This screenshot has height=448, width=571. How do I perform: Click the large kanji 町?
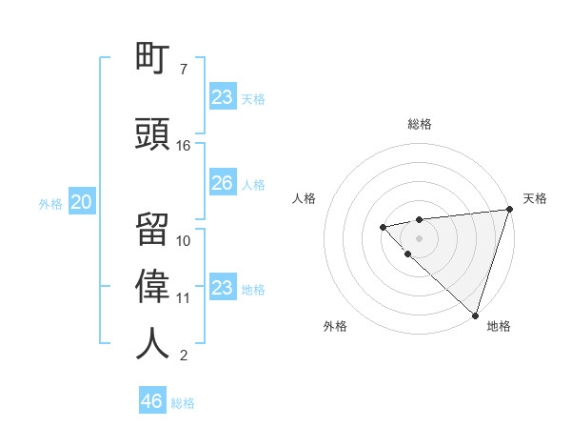pyautogui.click(x=153, y=58)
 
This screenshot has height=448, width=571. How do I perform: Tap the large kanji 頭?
pyautogui.click(x=153, y=132)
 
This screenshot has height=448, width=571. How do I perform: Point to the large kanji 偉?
pyautogui.click(x=153, y=285)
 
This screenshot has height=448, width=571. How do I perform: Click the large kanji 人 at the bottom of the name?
pyautogui.click(x=153, y=343)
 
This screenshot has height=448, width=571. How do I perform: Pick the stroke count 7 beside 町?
pyautogui.click(x=184, y=70)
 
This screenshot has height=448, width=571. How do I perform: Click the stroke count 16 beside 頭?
pyautogui.click(x=184, y=146)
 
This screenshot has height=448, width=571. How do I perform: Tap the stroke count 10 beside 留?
pyautogui.click(x=184, y=241)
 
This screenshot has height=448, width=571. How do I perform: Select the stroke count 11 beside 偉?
pyautogui.click(x=184, y=298)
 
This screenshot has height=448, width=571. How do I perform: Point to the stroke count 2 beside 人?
pyautogui.click(x=184, y=356)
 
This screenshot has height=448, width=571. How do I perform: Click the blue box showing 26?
pyautogui.click(x=222, y=183)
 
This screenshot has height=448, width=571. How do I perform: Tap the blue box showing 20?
pyautogui.click(x=81, y=202)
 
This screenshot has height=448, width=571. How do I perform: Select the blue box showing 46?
pyautogui.click(x=152, y=400)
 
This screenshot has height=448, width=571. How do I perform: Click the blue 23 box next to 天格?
pyautogui.click(x=222, y=97)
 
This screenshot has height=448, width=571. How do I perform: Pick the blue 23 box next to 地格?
pyautogui.click(x=222, y=288)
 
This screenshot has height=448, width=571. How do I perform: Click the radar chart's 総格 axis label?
pyautogui.click(x=420, y=124)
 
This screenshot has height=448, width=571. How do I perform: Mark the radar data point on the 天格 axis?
pyautogui.click(x=509, y=210)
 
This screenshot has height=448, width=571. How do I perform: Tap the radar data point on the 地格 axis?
pyautogui.click(x=475, y=315)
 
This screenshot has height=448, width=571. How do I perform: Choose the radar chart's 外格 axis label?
pyautogui.click(x=335, y=326)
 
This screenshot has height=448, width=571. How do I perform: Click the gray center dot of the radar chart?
pyautogui.click(x=419, y=237)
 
